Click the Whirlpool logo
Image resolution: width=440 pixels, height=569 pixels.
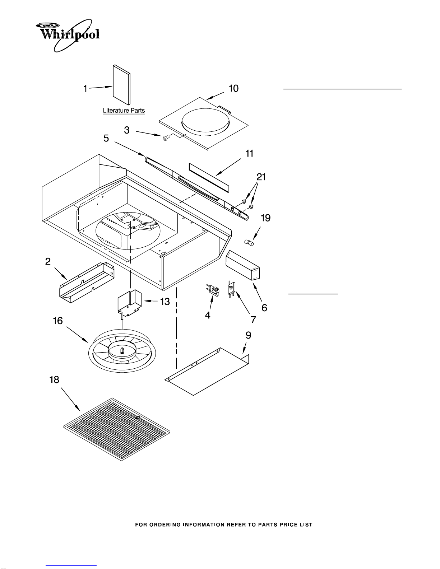(68, 35)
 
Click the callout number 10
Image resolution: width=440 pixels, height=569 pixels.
(233, 89)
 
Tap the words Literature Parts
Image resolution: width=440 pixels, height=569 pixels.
(124, 111)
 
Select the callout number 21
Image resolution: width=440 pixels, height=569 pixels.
(261, 177)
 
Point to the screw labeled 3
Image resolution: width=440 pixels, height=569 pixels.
(166, 137)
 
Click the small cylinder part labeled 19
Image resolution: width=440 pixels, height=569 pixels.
(249, 242)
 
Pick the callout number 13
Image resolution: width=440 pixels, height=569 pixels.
(165, 302)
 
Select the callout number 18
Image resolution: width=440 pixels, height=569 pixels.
(54, 380)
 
